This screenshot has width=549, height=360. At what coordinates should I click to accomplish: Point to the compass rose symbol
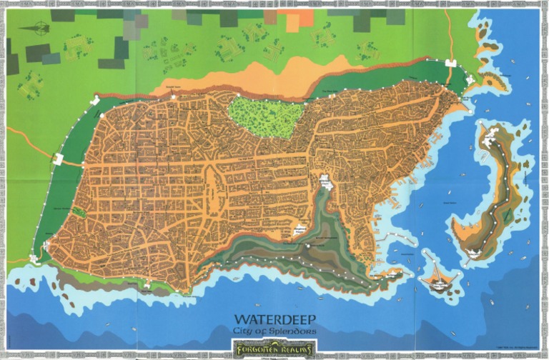coord(38,29)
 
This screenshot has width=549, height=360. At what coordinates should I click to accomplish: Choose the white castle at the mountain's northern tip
coord(327,183)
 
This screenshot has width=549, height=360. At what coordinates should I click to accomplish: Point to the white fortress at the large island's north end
coord(493,136)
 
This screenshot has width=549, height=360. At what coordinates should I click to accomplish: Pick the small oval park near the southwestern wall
coord(79,212)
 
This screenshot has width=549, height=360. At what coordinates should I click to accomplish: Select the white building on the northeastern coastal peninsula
coord(470,79)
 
